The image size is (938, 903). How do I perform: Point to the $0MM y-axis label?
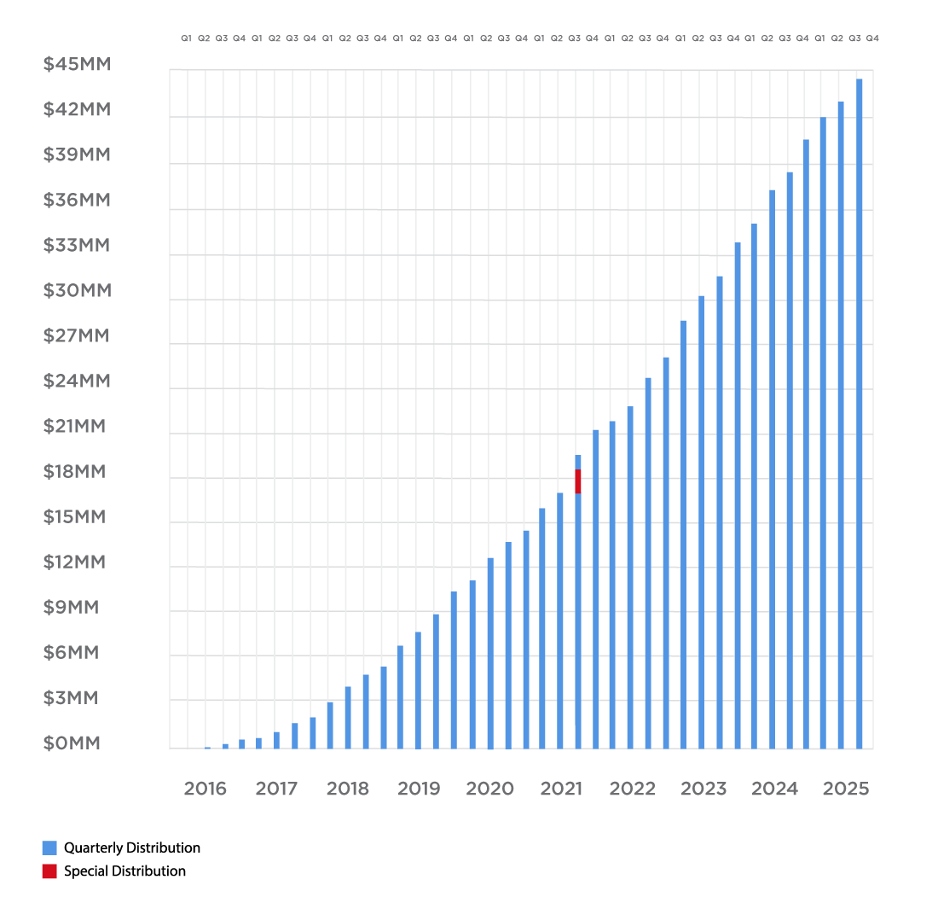point(72,743)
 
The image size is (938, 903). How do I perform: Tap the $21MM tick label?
point(74,427)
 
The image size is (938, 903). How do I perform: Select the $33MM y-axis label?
point(76,246)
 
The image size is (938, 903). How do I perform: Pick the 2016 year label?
point(206,789)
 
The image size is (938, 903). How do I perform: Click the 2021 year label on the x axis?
point(561,789)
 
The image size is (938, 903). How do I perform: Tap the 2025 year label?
point(846,789)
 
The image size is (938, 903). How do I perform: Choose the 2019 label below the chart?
point(419,789)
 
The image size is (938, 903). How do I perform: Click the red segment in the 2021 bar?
point(578,481)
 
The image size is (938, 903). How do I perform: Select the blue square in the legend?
point(49,848)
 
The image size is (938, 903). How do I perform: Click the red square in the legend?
point(49,871)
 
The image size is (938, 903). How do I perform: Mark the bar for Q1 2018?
point(330,725)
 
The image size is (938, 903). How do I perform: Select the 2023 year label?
point(703,789)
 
